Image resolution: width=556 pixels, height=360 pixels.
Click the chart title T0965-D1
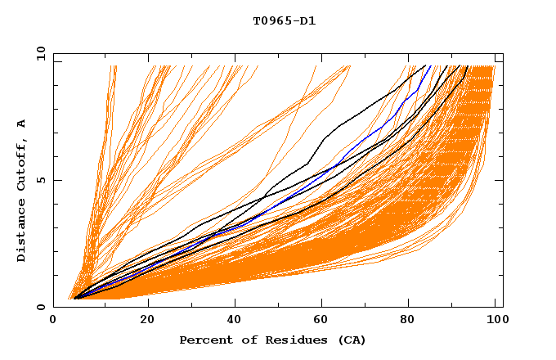pyautogui.click(x=284, y=20)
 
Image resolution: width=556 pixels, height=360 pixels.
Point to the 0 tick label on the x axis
pyautogui.click(x=53, y=320)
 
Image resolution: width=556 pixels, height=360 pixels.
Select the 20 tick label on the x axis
pyautogui.click(x=148, y=320)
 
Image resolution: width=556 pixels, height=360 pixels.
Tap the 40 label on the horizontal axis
pyautogui.click(x=236, y=320)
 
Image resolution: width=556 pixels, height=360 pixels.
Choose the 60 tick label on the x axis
pyautogui.click(x=325, y=320)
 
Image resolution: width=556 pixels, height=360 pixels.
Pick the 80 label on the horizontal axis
pyautogui.click(x=413, y=320)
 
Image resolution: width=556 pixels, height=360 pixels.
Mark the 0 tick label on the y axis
pyautogui.click(x=41, y=308)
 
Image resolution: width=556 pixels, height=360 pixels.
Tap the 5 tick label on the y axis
pyautogui.click(x=41, y=180)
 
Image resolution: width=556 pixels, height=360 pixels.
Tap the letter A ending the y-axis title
pyautogui.click(x=22, y=124)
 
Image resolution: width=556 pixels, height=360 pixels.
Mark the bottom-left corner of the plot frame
pyautogui.click(x=53, y=308)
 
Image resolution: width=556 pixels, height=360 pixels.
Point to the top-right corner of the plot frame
pyautogui.click(x=503, y=53)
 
